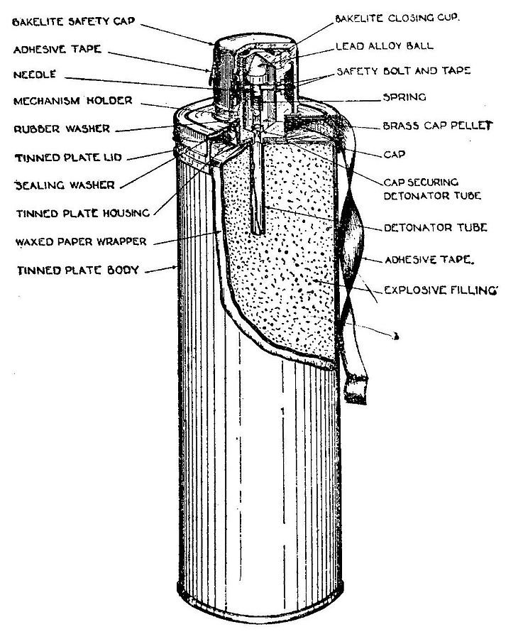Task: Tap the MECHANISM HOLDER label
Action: coord(72,101)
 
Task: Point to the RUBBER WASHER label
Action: coord(62,129)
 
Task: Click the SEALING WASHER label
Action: coord(64,185)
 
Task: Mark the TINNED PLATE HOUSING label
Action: coord(82,213)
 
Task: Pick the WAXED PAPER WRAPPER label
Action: coord(79,241)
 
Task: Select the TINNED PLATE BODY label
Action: coord(70,270)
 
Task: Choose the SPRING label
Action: coord(404,97)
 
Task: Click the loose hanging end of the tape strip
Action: coord(355,390)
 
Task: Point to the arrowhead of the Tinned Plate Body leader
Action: coord(175,268)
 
